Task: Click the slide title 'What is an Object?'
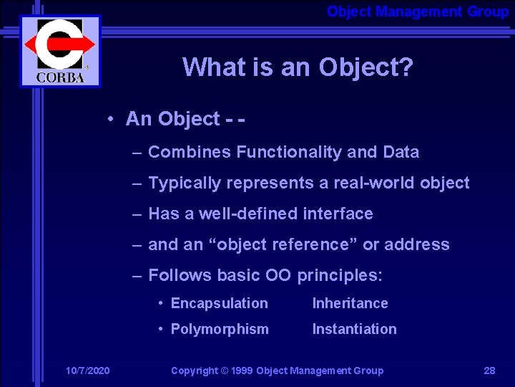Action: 298,67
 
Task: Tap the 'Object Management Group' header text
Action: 418,11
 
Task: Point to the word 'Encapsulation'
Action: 220,303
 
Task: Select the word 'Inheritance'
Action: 350,303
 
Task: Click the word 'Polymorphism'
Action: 220,329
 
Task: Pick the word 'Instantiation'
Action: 354,329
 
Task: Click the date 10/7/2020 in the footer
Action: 87,371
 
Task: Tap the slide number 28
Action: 489,371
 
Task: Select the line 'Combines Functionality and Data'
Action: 283,152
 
